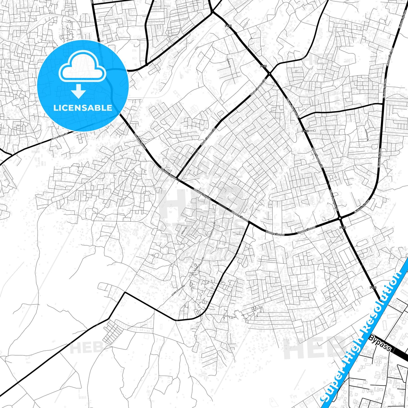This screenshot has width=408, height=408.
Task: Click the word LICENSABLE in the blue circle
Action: (83, 108)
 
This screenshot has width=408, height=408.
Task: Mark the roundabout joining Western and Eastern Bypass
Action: (340, 218)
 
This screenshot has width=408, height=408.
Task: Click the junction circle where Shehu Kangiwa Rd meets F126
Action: (270, 74)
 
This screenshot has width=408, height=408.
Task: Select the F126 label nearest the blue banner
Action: (373, 287)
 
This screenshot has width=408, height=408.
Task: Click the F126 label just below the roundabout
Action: (342, 227)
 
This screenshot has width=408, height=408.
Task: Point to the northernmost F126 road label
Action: (228, 26)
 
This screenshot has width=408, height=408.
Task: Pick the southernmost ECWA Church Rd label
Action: (178, 291)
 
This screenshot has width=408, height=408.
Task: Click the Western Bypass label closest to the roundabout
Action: (306, 230)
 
